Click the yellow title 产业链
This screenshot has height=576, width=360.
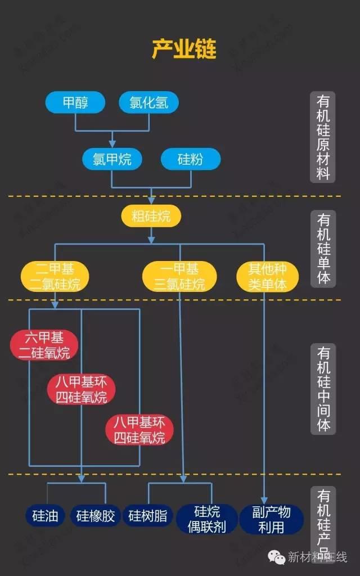click(184, 49)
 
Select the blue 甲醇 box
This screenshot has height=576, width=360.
click(75, 102)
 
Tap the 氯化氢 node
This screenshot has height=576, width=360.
click(149, 102)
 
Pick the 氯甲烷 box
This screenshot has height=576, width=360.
click(112, 159)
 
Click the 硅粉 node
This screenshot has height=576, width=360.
click(190, 159)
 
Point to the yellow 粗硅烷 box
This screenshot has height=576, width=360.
click(151, 215)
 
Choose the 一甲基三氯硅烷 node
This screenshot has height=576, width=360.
click(179, 276)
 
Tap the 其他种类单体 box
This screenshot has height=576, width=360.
click(267, 276)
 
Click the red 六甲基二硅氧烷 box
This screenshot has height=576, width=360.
click(44, 345)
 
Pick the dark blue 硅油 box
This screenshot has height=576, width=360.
click(45, 515)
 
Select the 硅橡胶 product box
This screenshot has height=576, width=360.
click(96, 515)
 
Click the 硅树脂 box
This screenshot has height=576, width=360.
click(148, 515)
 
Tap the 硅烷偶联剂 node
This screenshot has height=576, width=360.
click(206, 519)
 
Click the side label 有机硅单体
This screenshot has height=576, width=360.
click(323, 248)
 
